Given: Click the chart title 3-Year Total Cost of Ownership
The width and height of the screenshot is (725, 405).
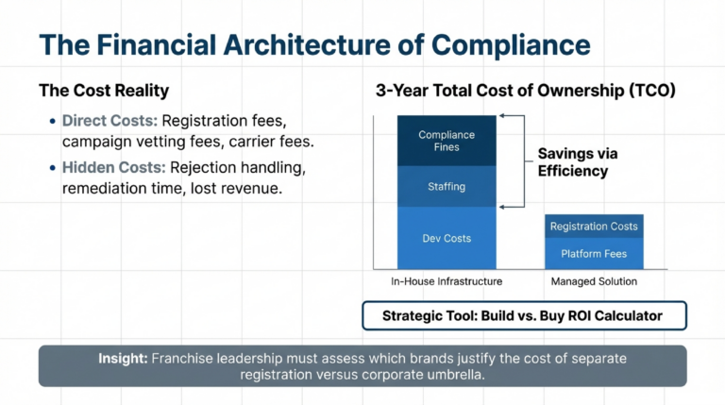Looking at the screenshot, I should pyautogui.click(x=525, y=92).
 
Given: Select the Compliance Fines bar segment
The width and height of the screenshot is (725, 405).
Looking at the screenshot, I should pyautogui.click(x=446, y=142).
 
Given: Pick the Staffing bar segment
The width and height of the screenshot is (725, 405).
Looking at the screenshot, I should pyautogui.click(x=446, y=186).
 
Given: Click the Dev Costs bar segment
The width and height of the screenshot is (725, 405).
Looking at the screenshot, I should pyautogui.click(x=446, y=238).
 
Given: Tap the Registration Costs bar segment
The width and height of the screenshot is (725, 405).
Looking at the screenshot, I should pyautogui.click(x=594, y=227).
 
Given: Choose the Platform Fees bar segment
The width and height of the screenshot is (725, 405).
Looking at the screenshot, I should pyautogui.click(x=594, y=254).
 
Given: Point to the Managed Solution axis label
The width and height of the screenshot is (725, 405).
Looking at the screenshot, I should pyautogui.click(x=594, y=281).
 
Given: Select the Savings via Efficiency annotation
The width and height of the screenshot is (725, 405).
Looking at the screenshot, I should pyautogui.click(x=572, y=161).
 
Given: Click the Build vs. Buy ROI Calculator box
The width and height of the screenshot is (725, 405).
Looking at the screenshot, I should pyautogui.click(x=524, y=315).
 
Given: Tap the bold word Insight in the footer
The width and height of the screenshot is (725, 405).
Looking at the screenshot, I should pyautogui.click(x=123, y=359).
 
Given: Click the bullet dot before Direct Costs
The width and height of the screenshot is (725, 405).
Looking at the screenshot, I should pyautogui.click(x=50, y=122).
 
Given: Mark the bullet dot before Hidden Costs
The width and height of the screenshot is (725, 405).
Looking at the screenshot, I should pyautogui.click(x=50, y=167).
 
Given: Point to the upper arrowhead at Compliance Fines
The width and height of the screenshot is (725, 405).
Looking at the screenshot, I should pyautogui.click(x=504, y=116).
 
